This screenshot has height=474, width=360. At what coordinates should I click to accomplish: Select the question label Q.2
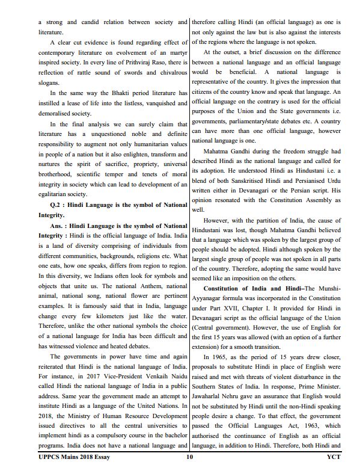tap(57, 204)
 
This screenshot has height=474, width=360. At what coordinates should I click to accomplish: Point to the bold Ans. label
tap(61, 225)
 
